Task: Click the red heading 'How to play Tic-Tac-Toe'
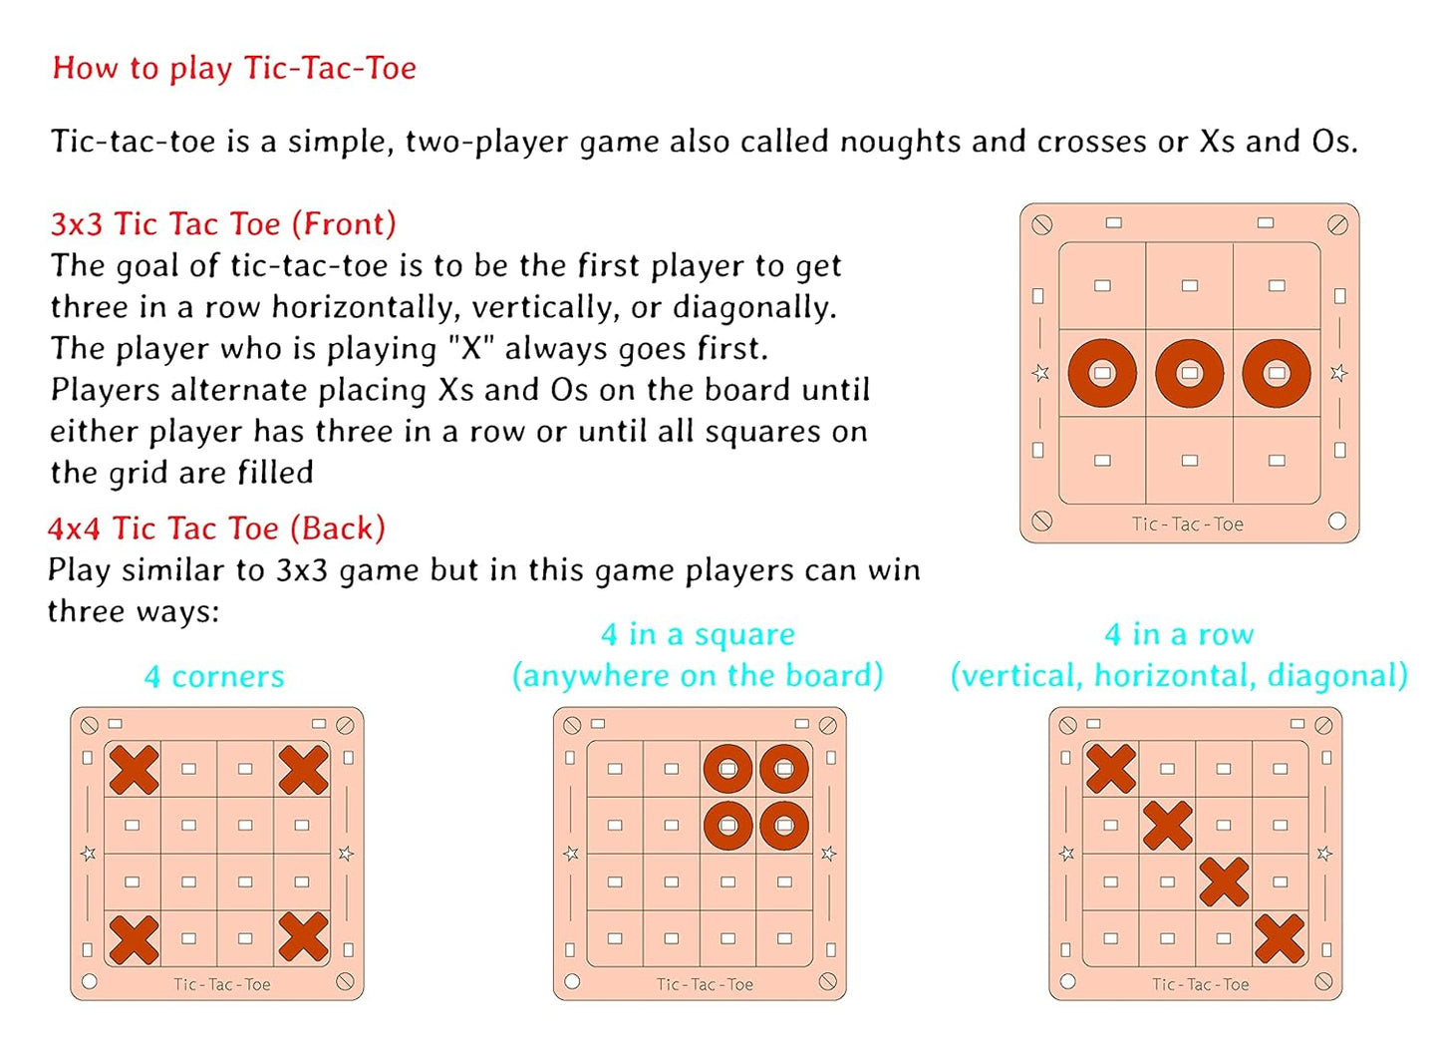(x=234, y=68)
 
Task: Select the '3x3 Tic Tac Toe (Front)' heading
(x=223, y=223)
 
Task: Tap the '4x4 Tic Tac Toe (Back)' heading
(x=216, y=528)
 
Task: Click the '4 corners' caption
(x=214, y=676)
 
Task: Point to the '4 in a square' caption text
(x=698, y=634)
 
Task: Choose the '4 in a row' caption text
(x=1179, y=634)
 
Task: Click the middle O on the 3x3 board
(x=1189, y=373)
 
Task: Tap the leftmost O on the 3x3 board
(x=1102, y=373)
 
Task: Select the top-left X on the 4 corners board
(x=134, y=769)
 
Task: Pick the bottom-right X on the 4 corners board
(x=303, y=938)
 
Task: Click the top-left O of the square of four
(x=727, y=769)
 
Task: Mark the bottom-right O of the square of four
(x=784, y=826)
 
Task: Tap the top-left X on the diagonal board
(x=1111, y=769)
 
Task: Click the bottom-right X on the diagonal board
(x=1280, y=938)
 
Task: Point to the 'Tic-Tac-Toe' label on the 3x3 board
(x=1188, y=524)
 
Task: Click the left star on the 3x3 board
(x=1040, y=373)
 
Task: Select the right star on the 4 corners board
(x=346, y=854)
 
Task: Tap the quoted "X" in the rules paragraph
(x=470, y=349)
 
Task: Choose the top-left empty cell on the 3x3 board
(x=1102, y=286)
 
